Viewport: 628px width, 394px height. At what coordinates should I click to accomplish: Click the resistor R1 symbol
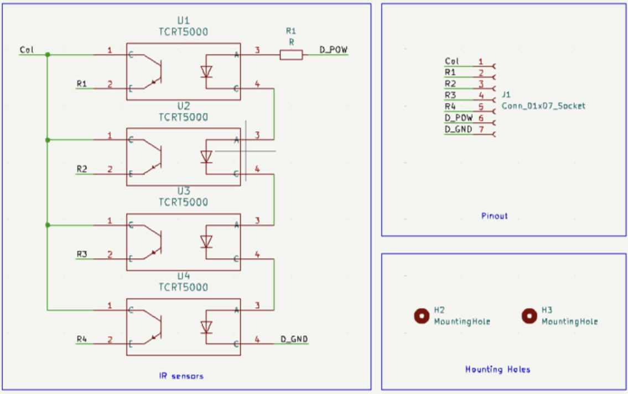(291, 54)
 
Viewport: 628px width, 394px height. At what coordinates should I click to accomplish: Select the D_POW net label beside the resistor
(334, 50)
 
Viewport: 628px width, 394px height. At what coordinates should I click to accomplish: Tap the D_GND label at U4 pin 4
(294, 339)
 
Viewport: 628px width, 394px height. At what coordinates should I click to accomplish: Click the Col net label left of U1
(27, 50)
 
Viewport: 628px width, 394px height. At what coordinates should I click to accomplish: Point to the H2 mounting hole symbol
(422, 315)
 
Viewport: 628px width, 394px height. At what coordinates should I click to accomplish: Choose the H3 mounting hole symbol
(529, 315)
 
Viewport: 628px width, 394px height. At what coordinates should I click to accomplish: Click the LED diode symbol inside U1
(206, 71)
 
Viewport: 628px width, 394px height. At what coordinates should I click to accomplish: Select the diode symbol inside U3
(206, 242)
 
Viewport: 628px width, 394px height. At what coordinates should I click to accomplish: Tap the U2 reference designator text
(183, 106)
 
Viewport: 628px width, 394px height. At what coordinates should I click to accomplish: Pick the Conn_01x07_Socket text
(543, 106)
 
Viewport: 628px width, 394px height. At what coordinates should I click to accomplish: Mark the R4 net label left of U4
(82, 339)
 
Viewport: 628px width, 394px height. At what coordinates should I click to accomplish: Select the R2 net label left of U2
(82, 168)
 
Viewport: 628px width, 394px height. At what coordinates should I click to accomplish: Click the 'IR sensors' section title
(181, 376)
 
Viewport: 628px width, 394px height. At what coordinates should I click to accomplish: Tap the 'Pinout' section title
(494, 216)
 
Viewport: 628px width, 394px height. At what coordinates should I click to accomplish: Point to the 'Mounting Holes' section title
(497, 369)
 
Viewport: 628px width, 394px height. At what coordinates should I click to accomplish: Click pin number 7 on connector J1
(481, 129)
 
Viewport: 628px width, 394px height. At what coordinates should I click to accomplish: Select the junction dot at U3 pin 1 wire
(48, 225)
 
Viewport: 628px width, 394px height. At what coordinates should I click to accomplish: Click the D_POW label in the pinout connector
(458, 118)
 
